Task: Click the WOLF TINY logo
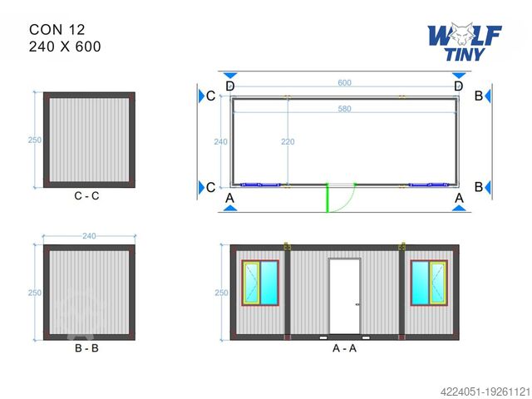click(464, 42)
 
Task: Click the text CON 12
click(57, 29)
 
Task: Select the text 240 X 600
click(65, 47)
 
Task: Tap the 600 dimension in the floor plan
click(343, 84)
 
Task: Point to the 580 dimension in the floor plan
click(343, 110)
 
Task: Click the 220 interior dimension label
click(287, 142)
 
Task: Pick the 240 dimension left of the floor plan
click(220, 142)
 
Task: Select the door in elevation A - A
click(344, 297)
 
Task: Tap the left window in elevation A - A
click(262, 283)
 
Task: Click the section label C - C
click(88, 196)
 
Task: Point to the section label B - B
click(88, 348)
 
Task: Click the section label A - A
click(343, 348)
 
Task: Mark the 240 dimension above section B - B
click(88, 236)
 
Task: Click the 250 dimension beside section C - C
click(35, 140)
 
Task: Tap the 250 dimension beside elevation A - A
click(220, 293)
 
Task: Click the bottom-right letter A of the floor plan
click(458, 198)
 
